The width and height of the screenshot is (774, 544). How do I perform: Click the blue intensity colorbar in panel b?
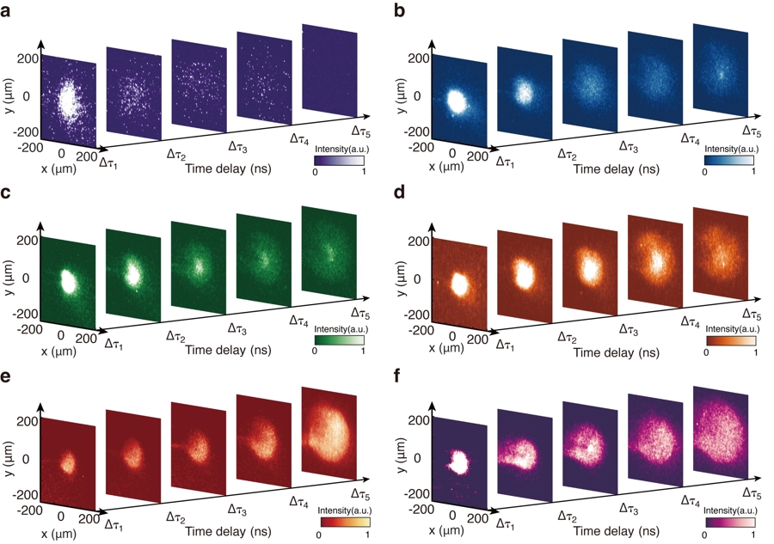click(x=728, y=160)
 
